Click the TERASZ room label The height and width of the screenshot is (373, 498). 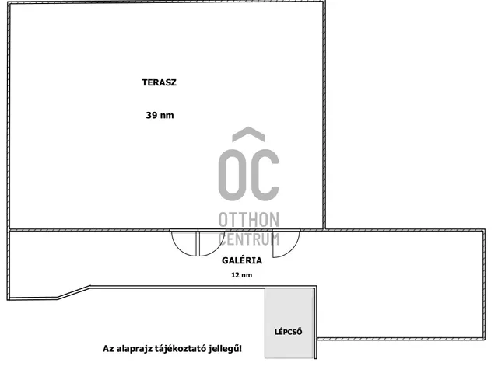[159, 82]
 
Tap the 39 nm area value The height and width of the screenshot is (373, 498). [160, 115]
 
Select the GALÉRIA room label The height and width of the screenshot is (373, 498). [242, 260]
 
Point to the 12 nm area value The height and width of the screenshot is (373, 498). [242, 275]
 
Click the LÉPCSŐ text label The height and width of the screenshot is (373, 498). [289, 332]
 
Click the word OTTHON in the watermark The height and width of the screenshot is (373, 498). [249, 220]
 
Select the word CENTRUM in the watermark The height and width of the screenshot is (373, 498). [249, 239]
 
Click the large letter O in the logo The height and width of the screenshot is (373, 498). [232, 175]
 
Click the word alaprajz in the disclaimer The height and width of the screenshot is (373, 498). [135, 349]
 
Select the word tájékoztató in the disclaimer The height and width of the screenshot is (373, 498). [181, 349]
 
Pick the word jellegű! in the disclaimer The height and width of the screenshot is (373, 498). [225, 349]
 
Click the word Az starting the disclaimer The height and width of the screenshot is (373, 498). [108, 349]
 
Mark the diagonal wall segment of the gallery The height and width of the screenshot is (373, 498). [74, 292]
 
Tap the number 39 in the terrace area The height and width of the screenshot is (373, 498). [152, 115]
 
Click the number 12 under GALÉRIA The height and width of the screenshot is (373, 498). [235, 275]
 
